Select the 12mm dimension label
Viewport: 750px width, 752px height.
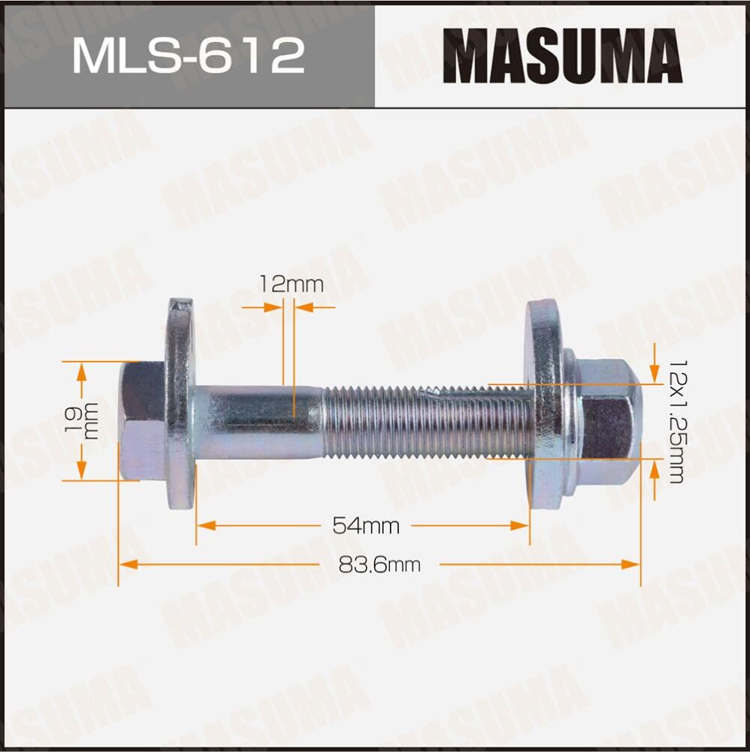[x=291, y=284]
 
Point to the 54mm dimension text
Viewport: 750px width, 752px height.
[x=365, y=526]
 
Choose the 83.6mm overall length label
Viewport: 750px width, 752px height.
[x=379, y=564]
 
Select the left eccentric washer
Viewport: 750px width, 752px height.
[x=179, y=406]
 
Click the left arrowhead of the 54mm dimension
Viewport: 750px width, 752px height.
[x=203, y=526]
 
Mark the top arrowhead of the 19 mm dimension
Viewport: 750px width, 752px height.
[x=82, y=367]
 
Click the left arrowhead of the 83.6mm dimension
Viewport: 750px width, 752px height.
[x=126, y=564]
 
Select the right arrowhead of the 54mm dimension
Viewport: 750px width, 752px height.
[x=523, y=526]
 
